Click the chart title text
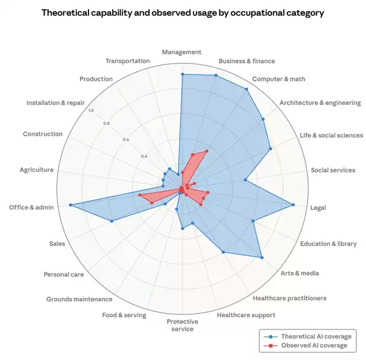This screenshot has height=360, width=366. (182, 12)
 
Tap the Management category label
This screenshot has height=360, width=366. (182, 52)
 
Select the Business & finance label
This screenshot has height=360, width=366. (246, 61)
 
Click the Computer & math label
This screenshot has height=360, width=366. (279, 79)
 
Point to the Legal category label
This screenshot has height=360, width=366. (318, 207)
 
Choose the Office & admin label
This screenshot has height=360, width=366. (31, 207)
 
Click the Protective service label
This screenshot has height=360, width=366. (181, 325)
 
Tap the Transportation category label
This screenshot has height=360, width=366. (127, 61)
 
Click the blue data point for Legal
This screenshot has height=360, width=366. (293, 205)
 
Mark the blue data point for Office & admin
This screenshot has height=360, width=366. (71, 205)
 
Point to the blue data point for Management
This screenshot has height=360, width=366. (182, 74)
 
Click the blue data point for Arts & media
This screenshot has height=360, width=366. (262, 257)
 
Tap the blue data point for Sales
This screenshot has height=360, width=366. (112, 221)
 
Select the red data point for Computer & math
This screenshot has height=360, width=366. (206, 151)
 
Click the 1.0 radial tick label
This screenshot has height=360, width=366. (91, 110)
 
